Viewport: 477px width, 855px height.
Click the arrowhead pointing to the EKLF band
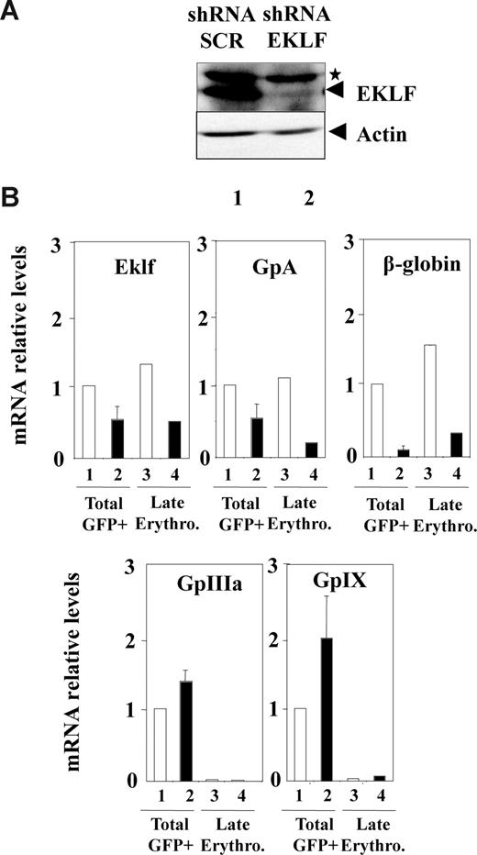(x=335, y=90)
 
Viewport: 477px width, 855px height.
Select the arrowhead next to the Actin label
(x=335, y=135)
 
